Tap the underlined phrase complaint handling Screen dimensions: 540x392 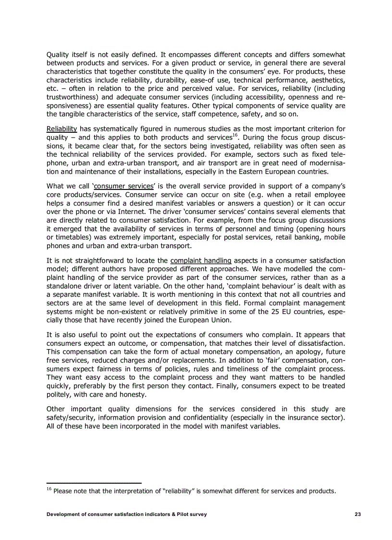(x=201, y=260)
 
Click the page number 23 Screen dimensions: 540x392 (x=358, y=515)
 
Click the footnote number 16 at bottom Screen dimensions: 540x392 (x=49, y=489)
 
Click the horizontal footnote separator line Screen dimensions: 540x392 (x=94, y=482)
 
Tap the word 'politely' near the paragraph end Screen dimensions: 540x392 (x=59, y=394)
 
